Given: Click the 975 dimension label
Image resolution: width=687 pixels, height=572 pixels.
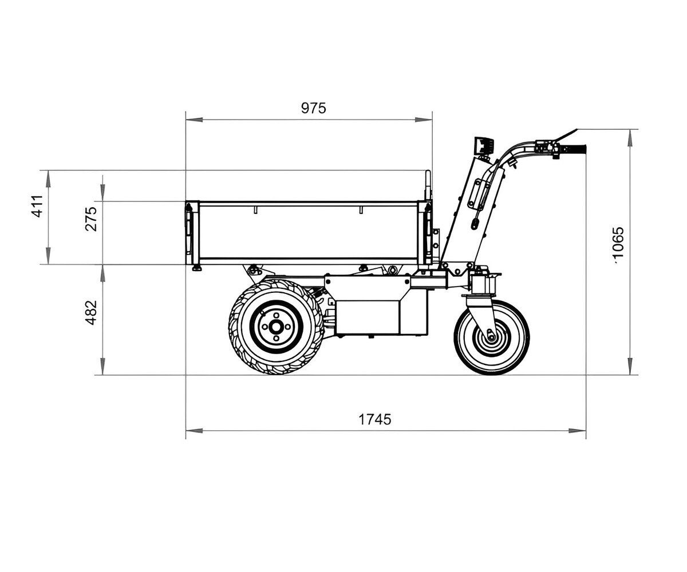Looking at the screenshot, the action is click(313, 108).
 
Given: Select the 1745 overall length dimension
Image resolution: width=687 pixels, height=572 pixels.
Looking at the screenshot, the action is click(375, 419).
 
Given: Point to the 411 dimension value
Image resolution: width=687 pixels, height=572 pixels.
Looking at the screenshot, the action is click(38, 206).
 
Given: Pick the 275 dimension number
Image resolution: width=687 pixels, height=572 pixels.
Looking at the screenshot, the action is click(91, 219).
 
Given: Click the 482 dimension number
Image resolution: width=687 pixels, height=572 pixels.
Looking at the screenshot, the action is click(91, 313).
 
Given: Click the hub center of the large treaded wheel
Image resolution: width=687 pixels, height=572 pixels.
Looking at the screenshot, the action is click(276, 327).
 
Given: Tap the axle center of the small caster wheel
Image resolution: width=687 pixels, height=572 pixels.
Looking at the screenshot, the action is click(491, 337).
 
